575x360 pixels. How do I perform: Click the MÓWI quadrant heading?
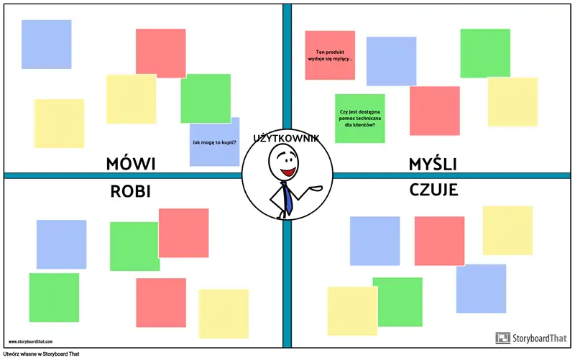click(x=131, y=165)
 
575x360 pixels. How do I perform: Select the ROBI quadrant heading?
click(x=133, y=190)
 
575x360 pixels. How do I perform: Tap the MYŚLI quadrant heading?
click(x=433, y=165)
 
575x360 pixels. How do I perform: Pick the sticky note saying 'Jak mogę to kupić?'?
click(x=215, y=142)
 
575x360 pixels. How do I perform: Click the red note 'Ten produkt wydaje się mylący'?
click(x=330, y=55)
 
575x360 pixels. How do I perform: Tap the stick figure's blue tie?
click(x=287, y=198)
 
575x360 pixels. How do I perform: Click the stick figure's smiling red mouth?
click(x=288, y=173)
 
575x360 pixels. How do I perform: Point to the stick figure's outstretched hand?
click(x=316, y=189)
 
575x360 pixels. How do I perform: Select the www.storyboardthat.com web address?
click(x=34, y=342)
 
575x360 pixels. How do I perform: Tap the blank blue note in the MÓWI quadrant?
click(x=46, y=45)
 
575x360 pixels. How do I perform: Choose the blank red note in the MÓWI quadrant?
click(x=161, y=52)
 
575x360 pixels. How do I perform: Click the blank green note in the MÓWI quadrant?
click(x=206, y=98)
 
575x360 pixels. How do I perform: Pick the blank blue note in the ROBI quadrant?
click(x=61, y=244)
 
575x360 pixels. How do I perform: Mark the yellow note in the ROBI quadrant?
click(x=224, y=313)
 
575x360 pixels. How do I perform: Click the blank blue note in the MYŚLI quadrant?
click(x=391, y=61)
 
